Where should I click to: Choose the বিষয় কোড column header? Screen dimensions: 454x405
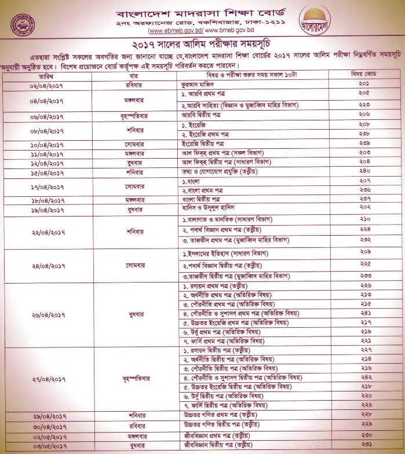(364, 75)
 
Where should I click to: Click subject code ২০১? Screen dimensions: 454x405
(364, 84)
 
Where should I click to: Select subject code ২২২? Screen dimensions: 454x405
(364, 405)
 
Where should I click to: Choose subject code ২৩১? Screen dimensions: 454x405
(364, 445)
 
